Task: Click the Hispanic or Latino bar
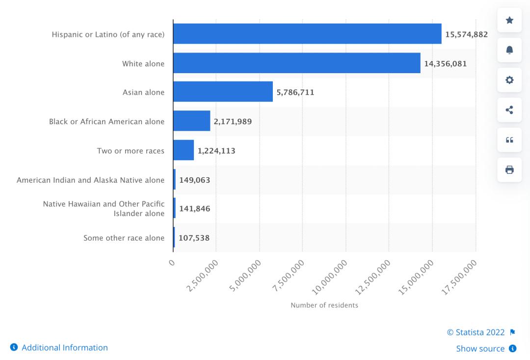click(x=307, y=34)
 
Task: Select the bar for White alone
click(x=296, y=63)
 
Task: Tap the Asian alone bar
click(x=223, y=92)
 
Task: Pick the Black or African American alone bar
click(x=191, y=121)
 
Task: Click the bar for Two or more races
click(x=184, y=150)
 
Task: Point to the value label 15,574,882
click(x=466, y=34)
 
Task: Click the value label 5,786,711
click(x=295, y=92)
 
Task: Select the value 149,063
click(x=194, y=180)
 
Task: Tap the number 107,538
click(x=194, y=238)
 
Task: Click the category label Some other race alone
click(x=124, y=238)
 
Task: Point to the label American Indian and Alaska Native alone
click(x=90, y=180)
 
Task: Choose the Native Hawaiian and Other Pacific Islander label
click(x=104, y=209)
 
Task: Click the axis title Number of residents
click(x=324, y=305)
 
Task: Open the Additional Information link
click(x=64, y=348)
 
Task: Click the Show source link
click(x=480, y=349)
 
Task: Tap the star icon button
click(x=509, y=21)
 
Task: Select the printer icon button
click(x=509, y=170)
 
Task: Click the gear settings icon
click(x=509, y=80)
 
